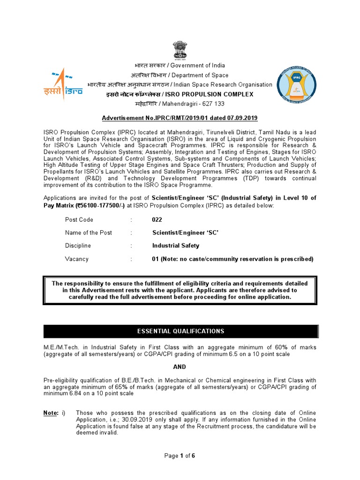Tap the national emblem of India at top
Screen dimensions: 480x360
coord(180,50)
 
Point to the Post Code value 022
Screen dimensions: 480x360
coord(157,219)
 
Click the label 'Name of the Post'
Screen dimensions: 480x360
coord(88,232)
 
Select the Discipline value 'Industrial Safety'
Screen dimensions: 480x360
coord(176,246)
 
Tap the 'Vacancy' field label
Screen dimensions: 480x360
coord(76,259)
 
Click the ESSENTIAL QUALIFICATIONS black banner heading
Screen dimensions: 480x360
coord(180,331)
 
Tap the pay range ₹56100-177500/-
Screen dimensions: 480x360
coord(98,205)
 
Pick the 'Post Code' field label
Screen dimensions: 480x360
coord(79,219)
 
